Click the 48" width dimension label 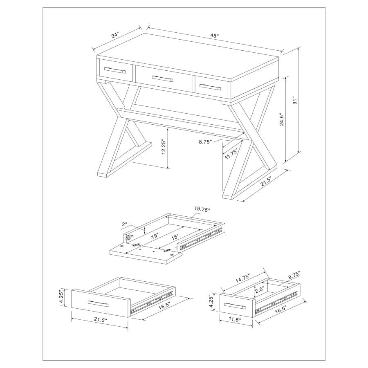coord(215,36)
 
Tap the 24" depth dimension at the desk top coord(115,36)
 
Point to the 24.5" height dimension coord(282,119)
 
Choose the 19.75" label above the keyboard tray coord(202,210)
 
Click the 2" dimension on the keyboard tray coord(125,224)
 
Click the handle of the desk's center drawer coord(163,79)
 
